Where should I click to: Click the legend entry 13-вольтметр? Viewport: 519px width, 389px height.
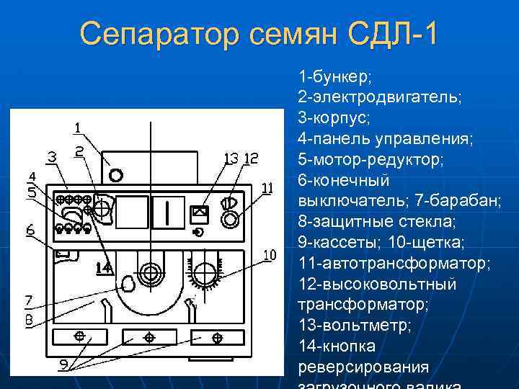click(354, 326)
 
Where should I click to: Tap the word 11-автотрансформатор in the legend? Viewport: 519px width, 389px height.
click(394, 263)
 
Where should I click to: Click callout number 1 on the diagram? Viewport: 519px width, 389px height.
click(77, 128)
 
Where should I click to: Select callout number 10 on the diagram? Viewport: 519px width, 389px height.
click(269, 254)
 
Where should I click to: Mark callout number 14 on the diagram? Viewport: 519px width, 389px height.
click(105, 268)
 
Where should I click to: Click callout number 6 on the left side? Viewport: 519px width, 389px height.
click(30, 231)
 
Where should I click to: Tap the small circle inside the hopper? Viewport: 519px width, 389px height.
click(115, 174)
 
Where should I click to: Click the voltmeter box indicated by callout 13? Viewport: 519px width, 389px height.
click(200, 213)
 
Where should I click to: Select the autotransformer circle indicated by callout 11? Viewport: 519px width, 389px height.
click(231, 218)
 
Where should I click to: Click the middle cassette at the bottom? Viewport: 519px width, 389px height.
click(149, 336)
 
